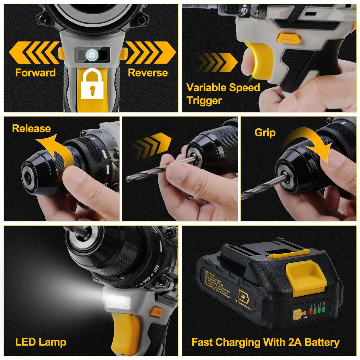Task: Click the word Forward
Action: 35,73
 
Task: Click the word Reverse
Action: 148,73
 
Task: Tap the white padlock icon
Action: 92,85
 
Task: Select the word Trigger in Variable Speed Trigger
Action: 204,101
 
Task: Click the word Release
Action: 31,128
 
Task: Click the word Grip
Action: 265,133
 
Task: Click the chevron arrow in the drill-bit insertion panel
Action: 151,145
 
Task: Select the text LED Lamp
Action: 41,342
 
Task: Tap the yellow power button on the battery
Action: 297,315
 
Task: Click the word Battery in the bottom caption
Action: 322,342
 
